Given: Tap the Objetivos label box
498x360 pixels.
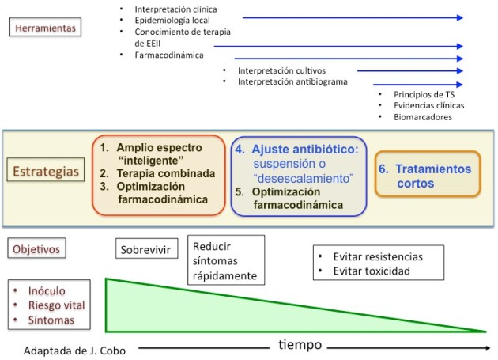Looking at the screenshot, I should click(x=36, y=249).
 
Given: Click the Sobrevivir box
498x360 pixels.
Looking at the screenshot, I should click(x=145, y=250).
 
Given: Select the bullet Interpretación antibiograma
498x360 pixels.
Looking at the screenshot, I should click(x=292, y=81).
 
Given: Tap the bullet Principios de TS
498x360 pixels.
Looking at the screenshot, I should click(x=424, y=94).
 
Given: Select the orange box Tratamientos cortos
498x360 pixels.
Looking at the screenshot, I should click(x=427, y=176).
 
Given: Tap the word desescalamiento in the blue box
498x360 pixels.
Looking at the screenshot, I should click(x=303, y=179).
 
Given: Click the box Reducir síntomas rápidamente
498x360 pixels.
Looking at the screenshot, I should click(x=225, y=260).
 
